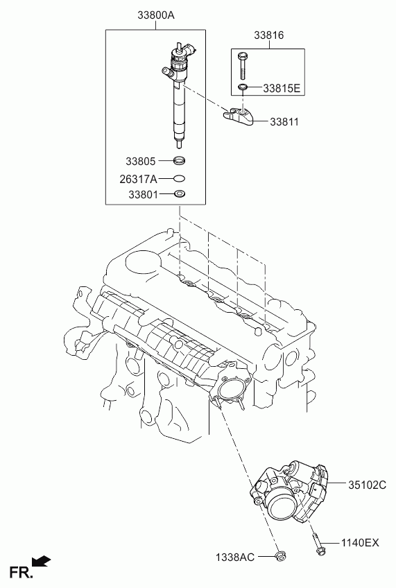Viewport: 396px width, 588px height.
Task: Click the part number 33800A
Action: point(156,15)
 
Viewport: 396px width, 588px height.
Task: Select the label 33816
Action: point(269,35)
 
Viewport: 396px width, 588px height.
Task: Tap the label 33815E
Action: point(282,89)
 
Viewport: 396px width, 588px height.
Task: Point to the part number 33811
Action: point(284,122)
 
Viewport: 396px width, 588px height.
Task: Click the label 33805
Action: point(140,162)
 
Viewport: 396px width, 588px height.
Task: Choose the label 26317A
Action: point(139,180)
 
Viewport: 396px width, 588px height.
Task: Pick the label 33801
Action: point(144,195)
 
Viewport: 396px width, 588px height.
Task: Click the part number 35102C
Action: point(367,485)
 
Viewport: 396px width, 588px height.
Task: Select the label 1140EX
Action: point(360,543)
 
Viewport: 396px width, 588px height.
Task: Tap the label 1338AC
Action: point(234,557)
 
